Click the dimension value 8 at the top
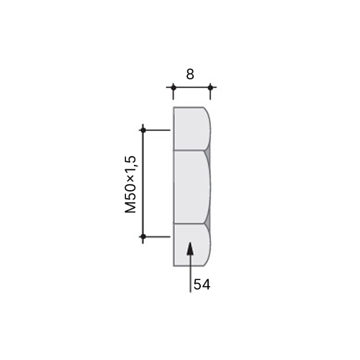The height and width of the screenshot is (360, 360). tap(190, 74)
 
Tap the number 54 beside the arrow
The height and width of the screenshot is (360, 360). tap(202, 284)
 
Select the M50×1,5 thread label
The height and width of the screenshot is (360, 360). tap(130, 184)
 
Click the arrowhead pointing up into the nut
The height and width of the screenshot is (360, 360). tap(190, 248)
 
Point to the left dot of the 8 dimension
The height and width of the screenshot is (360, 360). tap(174, 87)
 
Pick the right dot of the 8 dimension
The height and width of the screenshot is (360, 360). tap(210, 87)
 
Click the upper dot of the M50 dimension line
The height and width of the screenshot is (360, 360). tap(143, 130)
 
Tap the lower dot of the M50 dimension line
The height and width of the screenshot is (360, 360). tap(143, 236)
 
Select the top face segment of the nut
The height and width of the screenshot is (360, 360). tap(192, 128)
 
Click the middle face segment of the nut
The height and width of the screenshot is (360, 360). tap(192, 187)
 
